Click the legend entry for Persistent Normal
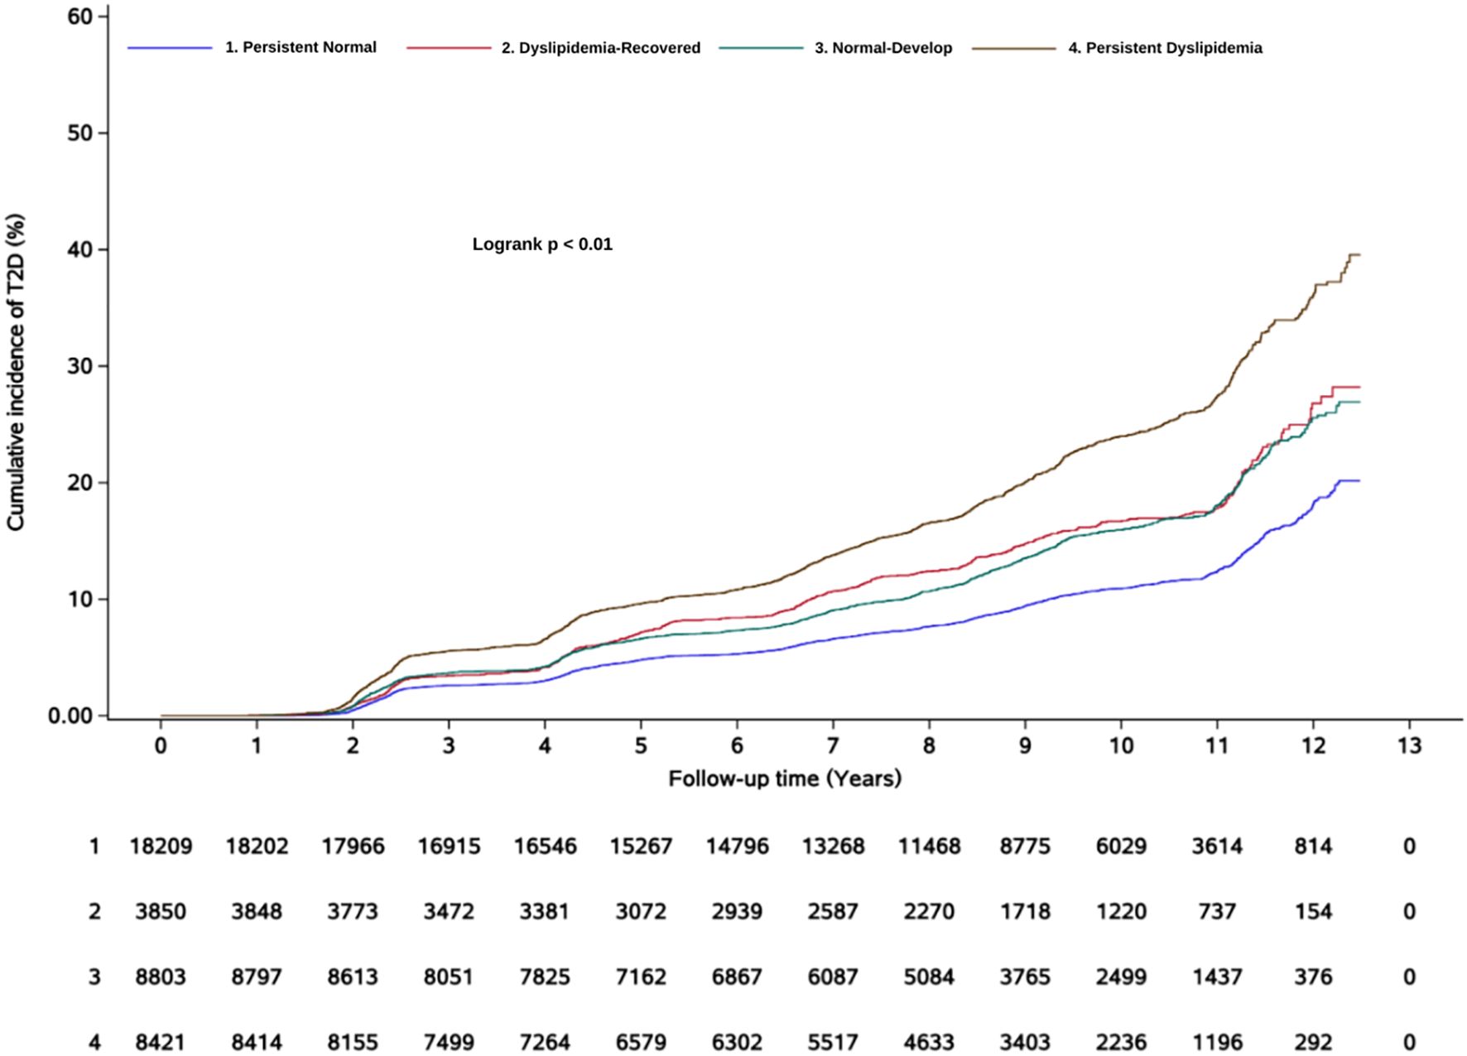pos(301,48)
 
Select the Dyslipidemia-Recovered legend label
pos(600,48)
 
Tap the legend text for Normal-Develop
pos(883,48)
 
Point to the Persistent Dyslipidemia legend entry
pos(1165,48)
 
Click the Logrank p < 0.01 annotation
pos(542,245)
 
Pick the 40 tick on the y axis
pos(81,250)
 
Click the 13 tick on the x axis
pos(1409,746)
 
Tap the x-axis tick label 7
pos(833,746)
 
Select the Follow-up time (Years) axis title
pos(784,779)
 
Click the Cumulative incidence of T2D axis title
pos(17,372)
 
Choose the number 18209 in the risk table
pos(161,846)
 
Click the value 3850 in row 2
pos(161,912)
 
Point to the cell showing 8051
pos(449,977)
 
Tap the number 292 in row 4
pos(1313,1042)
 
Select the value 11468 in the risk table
pos(929,846)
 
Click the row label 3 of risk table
pos(94,977)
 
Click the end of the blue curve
pos(1359,480)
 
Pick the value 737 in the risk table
pos(1217,912)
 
